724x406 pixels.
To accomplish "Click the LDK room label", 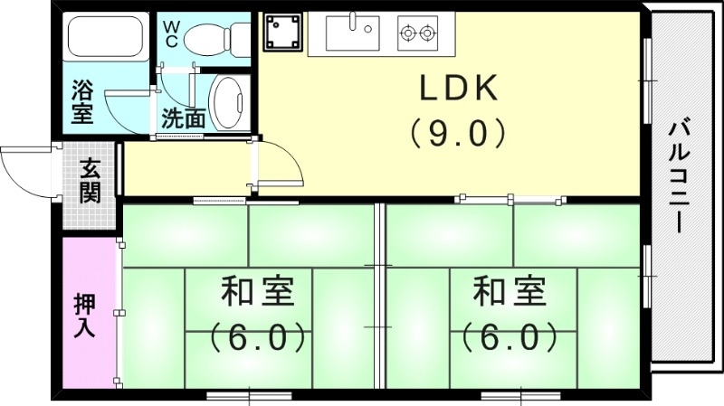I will (x=457, y=89).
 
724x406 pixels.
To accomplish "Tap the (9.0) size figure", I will (x=457, y=134).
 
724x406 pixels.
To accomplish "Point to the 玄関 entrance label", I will (x=90, y=180).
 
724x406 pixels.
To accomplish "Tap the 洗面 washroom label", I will (x=184, y=118).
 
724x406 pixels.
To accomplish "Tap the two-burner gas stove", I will (x=417, y=33).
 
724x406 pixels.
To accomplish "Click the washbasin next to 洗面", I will (x=227, y=99).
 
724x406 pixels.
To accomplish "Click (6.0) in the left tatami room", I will (x=256, y=337).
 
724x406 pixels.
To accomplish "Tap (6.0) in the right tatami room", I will (x=510, y=337).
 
